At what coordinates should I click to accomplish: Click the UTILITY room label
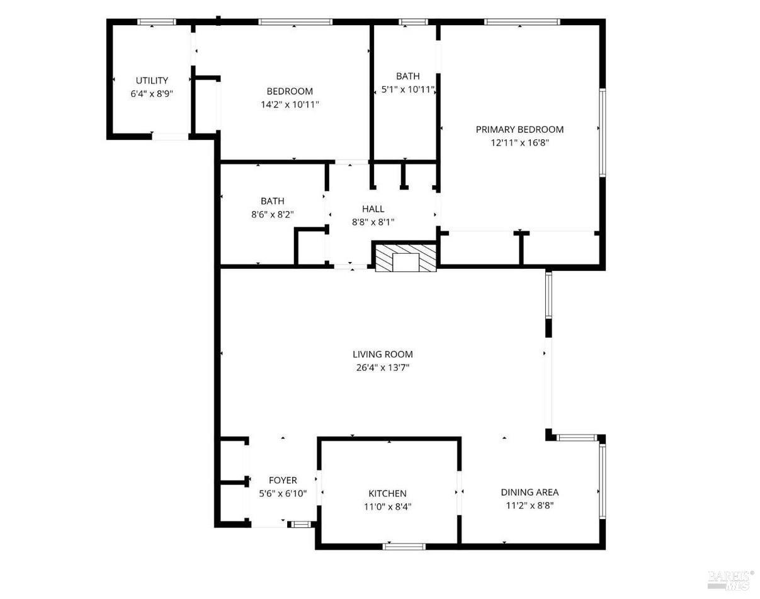pyautogui.click(x=152, y=81)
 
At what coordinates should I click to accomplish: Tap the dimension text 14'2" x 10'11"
pyautogui.click(x=290, y=105)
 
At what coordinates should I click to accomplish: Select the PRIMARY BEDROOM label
pyautogui.click(x=519, y=130)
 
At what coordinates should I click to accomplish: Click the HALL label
pyautogui.click(x=373, y=209)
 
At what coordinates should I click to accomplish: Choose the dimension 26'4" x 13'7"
pyautogui.click(x=382, y=368)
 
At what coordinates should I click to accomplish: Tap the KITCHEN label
pyautogui.click(x=387, y=493)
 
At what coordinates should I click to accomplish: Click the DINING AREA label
pyautogui.click(x=530, y=492)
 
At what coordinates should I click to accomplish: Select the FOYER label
pyautogui.click(x=283, y=480)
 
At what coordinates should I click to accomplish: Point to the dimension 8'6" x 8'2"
pyautogui.click(x=272, y=215)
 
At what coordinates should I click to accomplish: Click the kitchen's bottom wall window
pyautogui.click(x=404, y=547)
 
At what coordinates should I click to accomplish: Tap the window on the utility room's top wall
pyautogui.click(x=156, y=22)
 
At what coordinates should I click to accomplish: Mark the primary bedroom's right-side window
pyautogui.click(x=603, y=132)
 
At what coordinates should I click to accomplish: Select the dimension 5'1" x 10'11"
pyautogui.click(x=408, y=89)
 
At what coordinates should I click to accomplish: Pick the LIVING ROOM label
pyautogui.click(x=382, y=354)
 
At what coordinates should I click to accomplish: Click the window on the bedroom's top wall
pyautogui.click(x=295, y=22)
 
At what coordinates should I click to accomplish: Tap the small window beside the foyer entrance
pyautogui.click(x=300, y=525)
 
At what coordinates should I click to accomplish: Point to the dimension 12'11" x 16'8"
pyautogui.click(x=519, y=143)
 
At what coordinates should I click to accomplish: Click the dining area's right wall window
pyautogui.click(x=603, y=481)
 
